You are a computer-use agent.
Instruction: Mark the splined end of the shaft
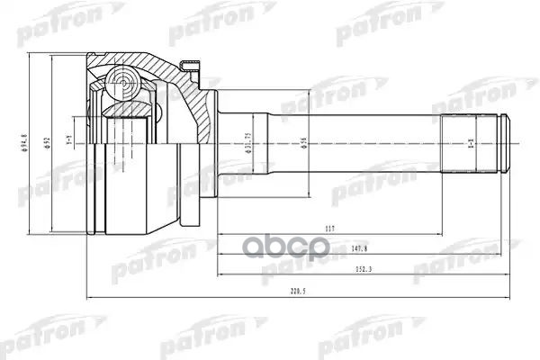pyautogui.click(x=470, y=144)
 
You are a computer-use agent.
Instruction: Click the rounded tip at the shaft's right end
pyautogui.click(x=505, y=144)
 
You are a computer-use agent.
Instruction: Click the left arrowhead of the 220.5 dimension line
pyautogui.click(x=88, y=298)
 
